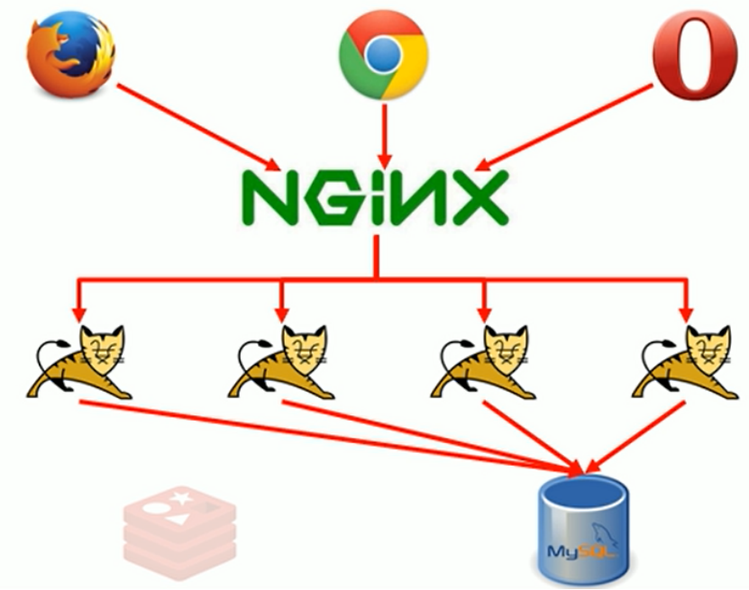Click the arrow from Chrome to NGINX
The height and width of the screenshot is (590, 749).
pos(385,133)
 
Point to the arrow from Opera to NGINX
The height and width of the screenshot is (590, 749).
pos(563,126)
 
